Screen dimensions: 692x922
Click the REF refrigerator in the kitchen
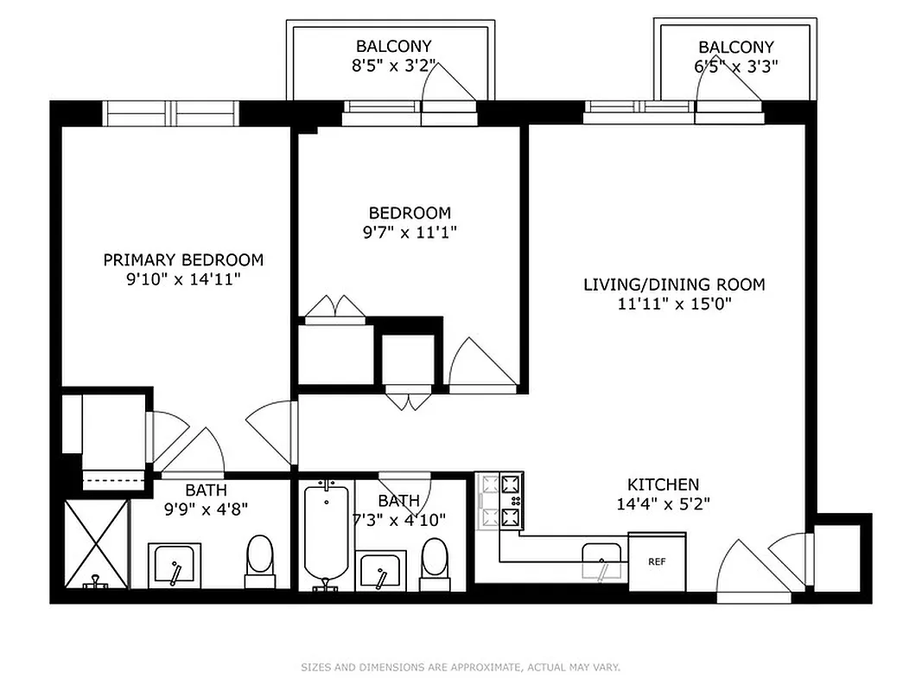657,561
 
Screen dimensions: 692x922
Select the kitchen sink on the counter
601,560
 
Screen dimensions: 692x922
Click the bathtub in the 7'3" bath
326,533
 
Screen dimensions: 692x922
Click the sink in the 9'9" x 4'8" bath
175,566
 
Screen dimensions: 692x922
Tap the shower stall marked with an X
97,543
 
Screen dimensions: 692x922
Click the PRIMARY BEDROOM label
183,259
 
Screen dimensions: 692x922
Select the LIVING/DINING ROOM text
674,284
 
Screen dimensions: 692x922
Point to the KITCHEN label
663,484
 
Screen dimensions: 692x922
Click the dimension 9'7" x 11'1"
410,232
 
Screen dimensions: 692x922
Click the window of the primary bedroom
170,113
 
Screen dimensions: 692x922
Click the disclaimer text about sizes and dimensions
461,667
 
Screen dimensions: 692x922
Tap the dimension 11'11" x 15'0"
674,304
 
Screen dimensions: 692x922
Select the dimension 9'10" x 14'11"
183,279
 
